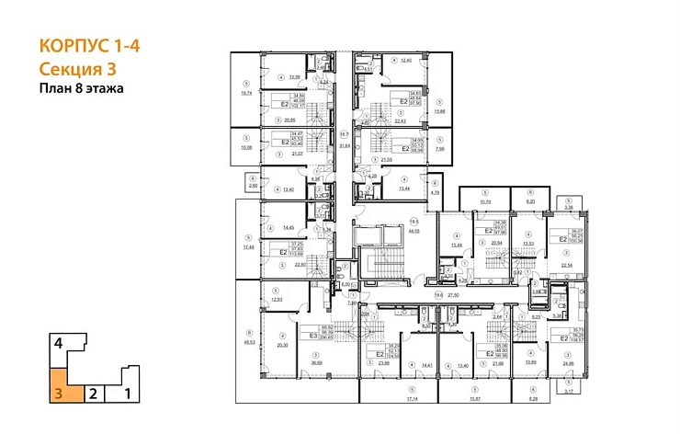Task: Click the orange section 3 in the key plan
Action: click(x=59, y=384)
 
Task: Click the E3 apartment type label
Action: click(x=312, y=336)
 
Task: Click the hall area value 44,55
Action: click(x=414, y=231)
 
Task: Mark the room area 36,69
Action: click(x=317, y=365)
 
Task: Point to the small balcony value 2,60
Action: click(x=254, y=185)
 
